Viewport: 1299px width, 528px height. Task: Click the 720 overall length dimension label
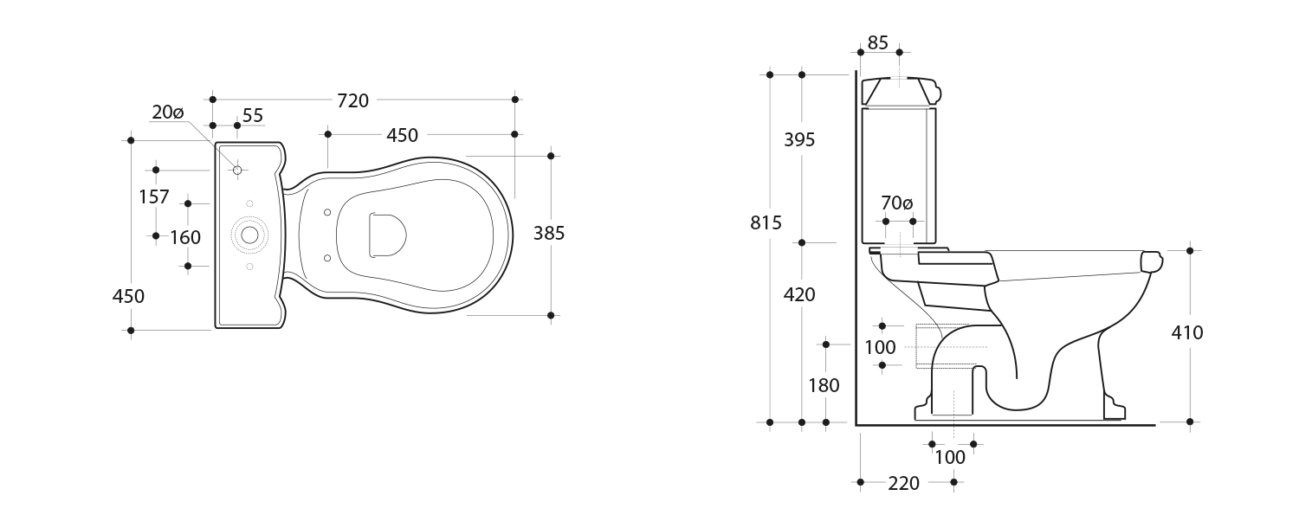(352, 100)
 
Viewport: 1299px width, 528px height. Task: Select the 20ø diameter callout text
(168, 113)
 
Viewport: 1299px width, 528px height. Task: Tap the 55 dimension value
(253, 116)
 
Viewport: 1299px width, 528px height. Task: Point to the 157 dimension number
(154, 197)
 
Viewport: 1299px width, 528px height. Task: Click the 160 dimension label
(185, 237)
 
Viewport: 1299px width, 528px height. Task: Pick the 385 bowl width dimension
(549, 233)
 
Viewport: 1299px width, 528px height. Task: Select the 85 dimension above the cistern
(877, 42)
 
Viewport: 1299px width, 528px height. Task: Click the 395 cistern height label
(799, 139)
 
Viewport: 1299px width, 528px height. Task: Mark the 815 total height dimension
(766, 222)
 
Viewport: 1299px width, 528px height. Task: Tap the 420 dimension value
(799, 295)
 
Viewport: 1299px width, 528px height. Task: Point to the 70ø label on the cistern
(897, 204)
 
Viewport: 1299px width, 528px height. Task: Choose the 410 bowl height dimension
(1187, 332)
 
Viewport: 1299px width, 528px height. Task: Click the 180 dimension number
(824, 385)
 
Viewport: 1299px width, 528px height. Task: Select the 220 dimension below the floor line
(903, 484)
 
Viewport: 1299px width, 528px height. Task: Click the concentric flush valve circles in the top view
(250, 235)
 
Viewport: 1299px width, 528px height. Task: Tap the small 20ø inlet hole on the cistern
(237, 170)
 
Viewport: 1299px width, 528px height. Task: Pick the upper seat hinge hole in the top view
(326, 213)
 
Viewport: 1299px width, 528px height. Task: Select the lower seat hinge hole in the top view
(326, 257)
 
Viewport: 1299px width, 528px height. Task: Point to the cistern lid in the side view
(901, 89)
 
